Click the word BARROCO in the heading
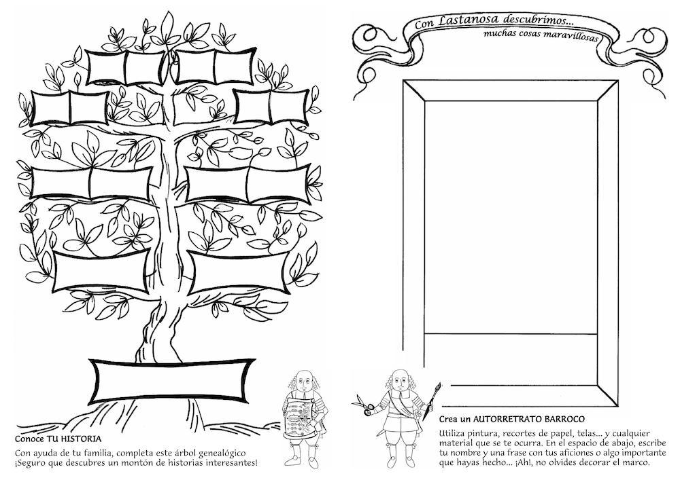pyautogui.click(x=561, y=419)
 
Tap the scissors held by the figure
pyautogui.click(x=363, y=405)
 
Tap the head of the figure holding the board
pyautogui.click(x=305, y=381)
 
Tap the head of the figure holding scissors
pyautogui.click(x=402, y=380)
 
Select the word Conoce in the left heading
pyautogui.click(x=29, y=439)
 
